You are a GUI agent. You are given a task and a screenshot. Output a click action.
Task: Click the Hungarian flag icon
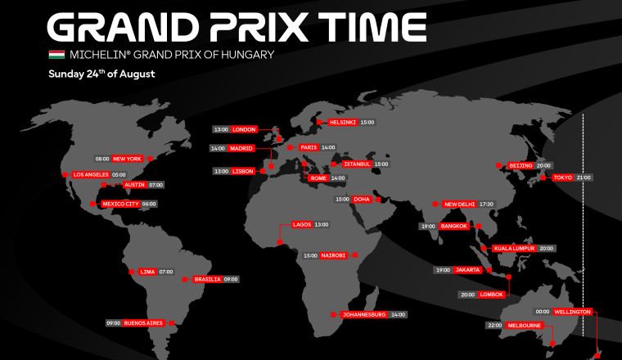pos(56,55)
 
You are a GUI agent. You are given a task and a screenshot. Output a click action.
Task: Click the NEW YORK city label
pos(128,159)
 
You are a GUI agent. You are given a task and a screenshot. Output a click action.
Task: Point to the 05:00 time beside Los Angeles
pos(119,174)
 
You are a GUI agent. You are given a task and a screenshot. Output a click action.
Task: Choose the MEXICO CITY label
pos(119,204)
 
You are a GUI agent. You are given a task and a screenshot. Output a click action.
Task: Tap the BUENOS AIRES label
pos(143,322)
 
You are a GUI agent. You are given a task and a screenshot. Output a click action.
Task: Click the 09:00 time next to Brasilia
pos(231,279)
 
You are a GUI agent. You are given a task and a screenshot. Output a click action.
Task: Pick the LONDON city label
pos(245,129)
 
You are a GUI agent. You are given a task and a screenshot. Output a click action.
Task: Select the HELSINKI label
pos(342,122)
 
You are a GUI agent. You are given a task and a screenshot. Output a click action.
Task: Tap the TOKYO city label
pos(562,177)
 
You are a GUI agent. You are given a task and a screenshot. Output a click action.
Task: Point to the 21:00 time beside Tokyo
pos(584,177)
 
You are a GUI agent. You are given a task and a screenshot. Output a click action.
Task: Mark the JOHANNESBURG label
pos(364,314)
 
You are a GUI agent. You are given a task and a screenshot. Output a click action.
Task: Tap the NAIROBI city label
pos(333,255)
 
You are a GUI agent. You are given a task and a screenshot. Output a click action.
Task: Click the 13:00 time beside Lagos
pos(321,224)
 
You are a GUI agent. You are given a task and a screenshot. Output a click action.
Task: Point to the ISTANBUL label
pos(358,164)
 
